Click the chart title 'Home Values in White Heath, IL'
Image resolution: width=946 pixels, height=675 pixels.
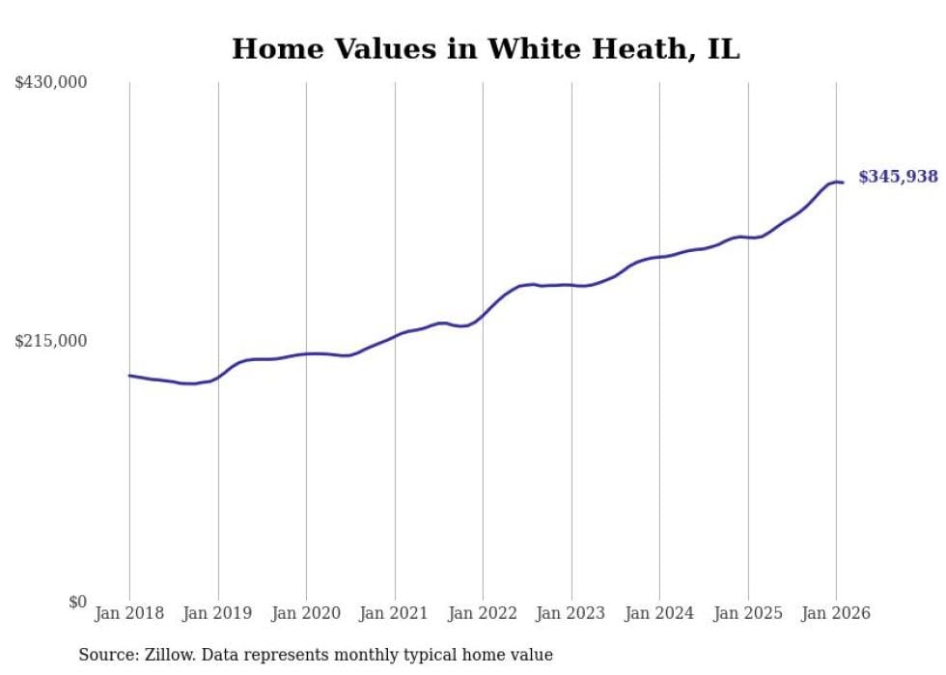pyautogui.click(x=486, y=49)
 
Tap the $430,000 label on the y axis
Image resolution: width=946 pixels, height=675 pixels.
pyautogui.click(x=51, y=83)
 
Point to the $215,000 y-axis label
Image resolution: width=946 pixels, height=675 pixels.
pyautogui.click(x=51, y=341)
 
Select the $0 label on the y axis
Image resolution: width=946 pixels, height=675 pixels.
pyautogui.click(x=77, y=602)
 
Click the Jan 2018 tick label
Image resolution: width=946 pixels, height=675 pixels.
pyautogui.click(x=129, y=613)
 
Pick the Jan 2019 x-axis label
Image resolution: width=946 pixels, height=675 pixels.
pyautogui.click(x=218, y=613)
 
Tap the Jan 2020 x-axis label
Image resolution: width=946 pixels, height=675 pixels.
pyautogui.click(x=306, y=613)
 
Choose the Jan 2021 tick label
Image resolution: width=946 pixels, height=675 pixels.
pyautogui.click(x=395, y=613)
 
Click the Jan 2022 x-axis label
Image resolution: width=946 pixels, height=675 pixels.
pyautogui.click(x=483, y=613)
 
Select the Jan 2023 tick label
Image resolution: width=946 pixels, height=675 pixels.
pyautogui.click(x=571, y=613)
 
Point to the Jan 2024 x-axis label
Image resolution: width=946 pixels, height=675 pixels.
pyautogui.click(x=659, y=613)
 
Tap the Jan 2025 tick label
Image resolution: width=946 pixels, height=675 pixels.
pyautogui.click(x=748, y=613)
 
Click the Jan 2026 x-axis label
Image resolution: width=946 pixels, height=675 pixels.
pyautogui.click(x=836, y=613)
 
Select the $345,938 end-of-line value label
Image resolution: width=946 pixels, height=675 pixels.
pyautogui.click(x=898, y=177)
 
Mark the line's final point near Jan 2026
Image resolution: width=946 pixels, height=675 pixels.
pyautogui.click(x=843, y=183)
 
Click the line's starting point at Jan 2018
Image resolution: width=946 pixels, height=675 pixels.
pyautogui.click(x=129, y=375)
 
